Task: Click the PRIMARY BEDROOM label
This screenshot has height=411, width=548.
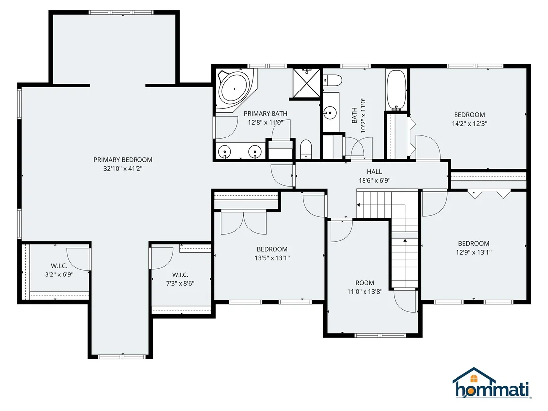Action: [x=123, y=160]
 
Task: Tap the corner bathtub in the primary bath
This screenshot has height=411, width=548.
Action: [x=235, y=89]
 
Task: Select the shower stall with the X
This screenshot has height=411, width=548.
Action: [x=306, y=83]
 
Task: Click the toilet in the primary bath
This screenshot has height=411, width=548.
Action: [x=306, y=149]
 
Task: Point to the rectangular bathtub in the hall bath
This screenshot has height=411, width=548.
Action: [x=396, y=90]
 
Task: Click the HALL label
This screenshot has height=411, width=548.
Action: [x=374, y=172]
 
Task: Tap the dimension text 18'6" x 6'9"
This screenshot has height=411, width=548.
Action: [x=374, y=181]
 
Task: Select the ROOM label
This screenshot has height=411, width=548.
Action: [x=365, y=283]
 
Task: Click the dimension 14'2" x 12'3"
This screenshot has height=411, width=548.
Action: [x=469, y=123]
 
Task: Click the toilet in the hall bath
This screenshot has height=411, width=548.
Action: [x=332, y=81]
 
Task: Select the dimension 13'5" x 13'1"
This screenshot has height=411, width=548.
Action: [x=272, y=258]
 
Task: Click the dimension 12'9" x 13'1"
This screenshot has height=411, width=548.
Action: [x=473, y=252]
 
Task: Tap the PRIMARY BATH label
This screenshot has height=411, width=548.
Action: [x=266, y=114]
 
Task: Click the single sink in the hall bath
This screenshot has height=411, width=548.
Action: [x=329, y=113]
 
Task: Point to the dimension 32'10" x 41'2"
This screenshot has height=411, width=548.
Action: [x=123, y=169]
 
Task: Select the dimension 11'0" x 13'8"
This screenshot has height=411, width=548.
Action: [x=365, y=292]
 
